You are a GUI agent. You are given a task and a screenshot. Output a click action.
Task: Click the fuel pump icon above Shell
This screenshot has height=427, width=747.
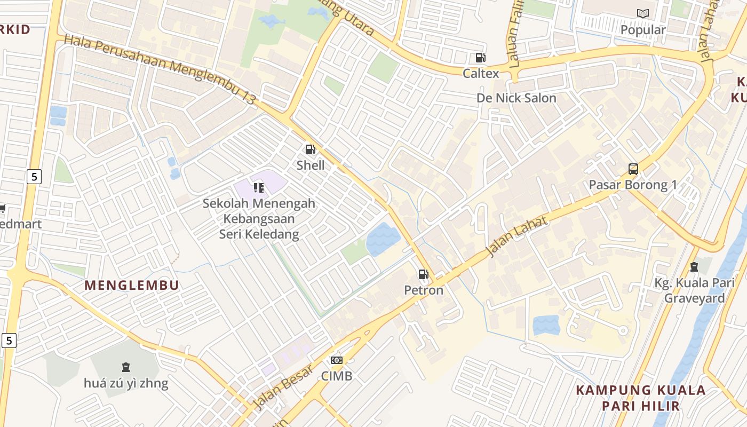click(x=310, y=149)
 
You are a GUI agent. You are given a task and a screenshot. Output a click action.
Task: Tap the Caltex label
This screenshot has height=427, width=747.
click(x=481, y=73)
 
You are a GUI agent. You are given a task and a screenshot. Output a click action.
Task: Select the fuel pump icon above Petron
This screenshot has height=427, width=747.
click(x=423, y=274)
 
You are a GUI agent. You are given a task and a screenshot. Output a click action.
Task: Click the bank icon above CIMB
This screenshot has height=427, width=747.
click(x=336, y=360)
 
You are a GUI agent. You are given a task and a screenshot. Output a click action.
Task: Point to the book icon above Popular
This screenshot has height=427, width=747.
click(x=643, y=14)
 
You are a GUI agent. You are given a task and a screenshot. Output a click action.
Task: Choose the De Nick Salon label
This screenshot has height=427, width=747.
click(x=516, y=98)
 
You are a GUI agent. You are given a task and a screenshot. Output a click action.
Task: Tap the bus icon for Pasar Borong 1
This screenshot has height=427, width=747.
click(x=633, y=169)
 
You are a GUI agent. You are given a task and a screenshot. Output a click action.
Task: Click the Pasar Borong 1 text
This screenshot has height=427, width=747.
click(x=633, y=185)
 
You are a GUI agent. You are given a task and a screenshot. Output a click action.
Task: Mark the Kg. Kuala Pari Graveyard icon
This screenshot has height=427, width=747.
click(x=694, y=266)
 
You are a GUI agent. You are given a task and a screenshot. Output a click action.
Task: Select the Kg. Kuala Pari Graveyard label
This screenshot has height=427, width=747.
click(x=694, y=290)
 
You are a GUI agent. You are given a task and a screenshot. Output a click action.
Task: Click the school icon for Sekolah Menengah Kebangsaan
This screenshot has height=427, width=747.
click(x=259, y=187)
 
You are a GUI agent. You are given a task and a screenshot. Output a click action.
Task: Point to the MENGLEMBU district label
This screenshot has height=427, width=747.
click(x=132, y=285)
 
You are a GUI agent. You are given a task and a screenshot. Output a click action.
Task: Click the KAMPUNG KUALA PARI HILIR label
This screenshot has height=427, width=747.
click(x=641, y=398)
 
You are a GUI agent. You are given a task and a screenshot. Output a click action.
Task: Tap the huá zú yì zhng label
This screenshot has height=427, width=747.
click(x=126, y=383)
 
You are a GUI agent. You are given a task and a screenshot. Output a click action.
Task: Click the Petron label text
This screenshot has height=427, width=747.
click(x=424, y=290)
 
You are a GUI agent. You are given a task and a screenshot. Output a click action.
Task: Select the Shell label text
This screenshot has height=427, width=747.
click(x=311, y=165)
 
